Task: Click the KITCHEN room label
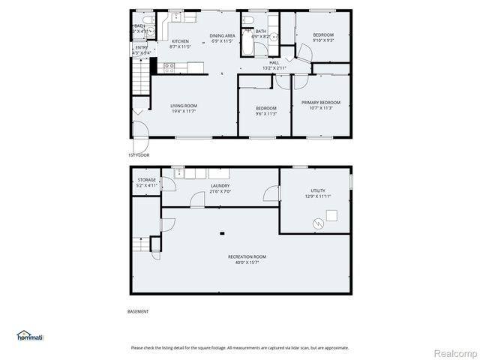(x=180, y=41)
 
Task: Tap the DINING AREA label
(x=223, y=35)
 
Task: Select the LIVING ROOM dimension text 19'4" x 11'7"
(x=184, y=112)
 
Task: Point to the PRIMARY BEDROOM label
(x=321, y=102)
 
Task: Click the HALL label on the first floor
(x=274, y=62)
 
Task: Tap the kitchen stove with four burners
(x=169, y=67)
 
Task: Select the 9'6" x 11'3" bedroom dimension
(x=265, y=114)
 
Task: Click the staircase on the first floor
(x=139, y=77)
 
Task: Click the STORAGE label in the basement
(x=146, y=180)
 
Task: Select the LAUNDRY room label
(x=220, y=185)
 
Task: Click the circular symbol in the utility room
(x=317, y=223)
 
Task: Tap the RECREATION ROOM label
(x=247, y=256)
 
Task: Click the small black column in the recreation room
(x=222, y=233)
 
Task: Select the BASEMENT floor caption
(x=138, y=311)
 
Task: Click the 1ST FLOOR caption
(x=139, y=154)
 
